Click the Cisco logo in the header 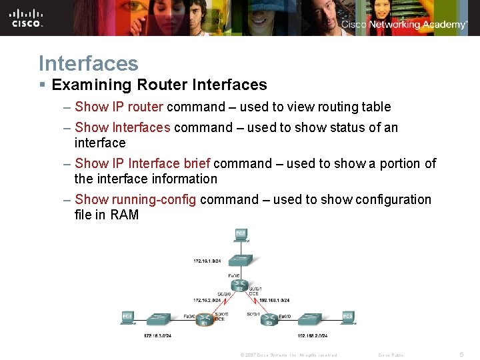pos(27,18)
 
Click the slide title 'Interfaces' pos(89,63)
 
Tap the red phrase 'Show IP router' pos(119,107)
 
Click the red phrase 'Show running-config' pos(135,199)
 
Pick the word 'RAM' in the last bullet pos(125,215)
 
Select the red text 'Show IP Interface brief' pos(143,163)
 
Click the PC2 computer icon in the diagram pos(240,235)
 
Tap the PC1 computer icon pos(127,317)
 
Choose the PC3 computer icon pos(347,317)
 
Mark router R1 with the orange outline pos(205,321)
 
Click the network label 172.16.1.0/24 pos(208,260)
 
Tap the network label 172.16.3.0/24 pos(158,336)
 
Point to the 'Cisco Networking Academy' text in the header pos(404,25)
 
